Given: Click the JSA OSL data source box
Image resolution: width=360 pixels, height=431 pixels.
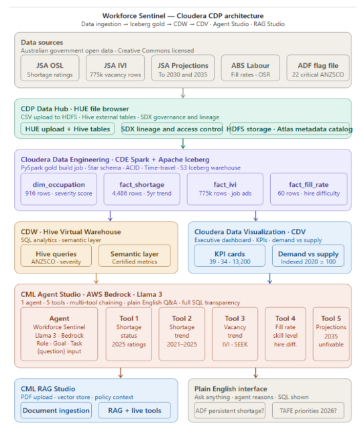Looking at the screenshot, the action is tap(50, 68).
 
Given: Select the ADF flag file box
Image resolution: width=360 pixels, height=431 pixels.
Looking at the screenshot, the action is tap(318, 68).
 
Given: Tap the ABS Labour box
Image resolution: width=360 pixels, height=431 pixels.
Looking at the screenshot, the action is tap(250, 68).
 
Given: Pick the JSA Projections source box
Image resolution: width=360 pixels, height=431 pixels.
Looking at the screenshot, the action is tap(183, 68).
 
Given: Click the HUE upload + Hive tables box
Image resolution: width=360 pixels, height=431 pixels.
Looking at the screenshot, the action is tap(68, 129).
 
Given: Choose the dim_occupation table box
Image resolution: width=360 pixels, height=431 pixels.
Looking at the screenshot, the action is tap(58, 189).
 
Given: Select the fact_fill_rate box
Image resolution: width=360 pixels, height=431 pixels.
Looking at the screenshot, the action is tap(308, 189).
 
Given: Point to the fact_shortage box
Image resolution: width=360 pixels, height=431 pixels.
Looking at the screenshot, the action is tap(142, 189).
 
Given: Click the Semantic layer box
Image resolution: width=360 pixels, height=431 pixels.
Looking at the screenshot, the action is tap(134, 255).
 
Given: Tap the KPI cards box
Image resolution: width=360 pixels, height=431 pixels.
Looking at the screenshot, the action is tap(230, 255).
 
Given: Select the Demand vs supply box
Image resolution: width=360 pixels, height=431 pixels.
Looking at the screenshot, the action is tap(308, 255).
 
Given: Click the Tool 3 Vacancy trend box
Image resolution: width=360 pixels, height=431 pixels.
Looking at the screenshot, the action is tap(235, 334).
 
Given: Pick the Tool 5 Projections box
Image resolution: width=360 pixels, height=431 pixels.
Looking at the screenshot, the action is tap(331, 334).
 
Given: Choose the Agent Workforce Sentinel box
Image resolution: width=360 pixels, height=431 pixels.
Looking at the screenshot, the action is tap(59, 334).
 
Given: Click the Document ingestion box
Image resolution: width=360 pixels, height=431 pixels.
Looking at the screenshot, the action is tap(56, 410).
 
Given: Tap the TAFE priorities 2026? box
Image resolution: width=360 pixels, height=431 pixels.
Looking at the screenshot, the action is tap(308, 410).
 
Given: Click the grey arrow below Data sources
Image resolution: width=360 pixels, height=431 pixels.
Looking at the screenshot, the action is tap(183, 93).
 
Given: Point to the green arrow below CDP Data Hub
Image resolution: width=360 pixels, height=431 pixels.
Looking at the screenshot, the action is tap(183, 143).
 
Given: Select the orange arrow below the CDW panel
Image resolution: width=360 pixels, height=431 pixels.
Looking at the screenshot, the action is tap(96, 278).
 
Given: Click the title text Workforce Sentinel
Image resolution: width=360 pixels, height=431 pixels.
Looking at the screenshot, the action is tap(134, 15).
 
